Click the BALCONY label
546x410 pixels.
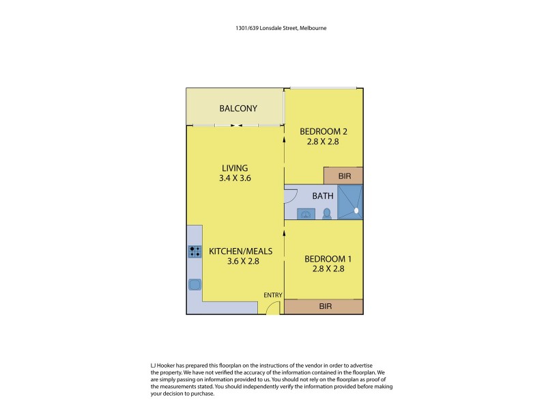pyautogui.click(x=238, y=109)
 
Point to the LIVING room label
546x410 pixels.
pyautogui.click(x=234, y=168)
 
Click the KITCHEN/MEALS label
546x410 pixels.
pyautogui.click(x=234, y=251)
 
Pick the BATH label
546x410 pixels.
pyautogui.click(x=323, y=195)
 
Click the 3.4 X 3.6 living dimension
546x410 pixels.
pyautogui.click(x=234, y=179)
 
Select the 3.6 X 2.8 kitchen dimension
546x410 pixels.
pyautogui.click(x=234, y=261)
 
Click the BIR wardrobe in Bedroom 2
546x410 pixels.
pyautogui.click(x=344, y=176)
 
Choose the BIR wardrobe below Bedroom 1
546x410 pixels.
pyautogui.click(x=325, y=307)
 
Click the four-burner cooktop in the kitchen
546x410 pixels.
pyautogui.click(x=195, y=251)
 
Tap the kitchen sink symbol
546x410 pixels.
pyautogui.click(x=195, y=284)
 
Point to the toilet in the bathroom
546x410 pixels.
pyautogui.click(x=327, y=213)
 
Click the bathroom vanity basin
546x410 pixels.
pyautogui.click(x=306, y=214)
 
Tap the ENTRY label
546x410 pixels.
pyautogui.click(x=273, y=295)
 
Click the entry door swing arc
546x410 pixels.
pyautogui.click(x=272, y=307)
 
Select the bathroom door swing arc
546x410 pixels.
pyautogui.click(x=291, y=197)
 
